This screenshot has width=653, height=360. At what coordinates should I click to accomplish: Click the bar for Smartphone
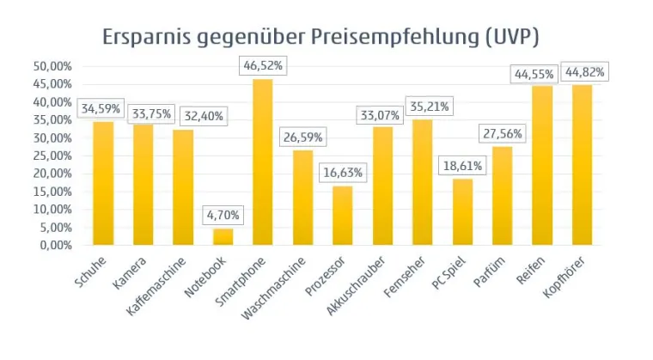point(263,162)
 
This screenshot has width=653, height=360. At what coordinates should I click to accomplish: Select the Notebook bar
point(223,236)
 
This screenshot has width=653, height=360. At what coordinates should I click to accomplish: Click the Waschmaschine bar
point(302,198)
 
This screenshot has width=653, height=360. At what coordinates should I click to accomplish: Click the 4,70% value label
point(223,214)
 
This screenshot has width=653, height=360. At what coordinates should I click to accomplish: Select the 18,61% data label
point(462,165)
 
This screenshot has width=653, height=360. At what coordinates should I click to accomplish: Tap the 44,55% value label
point(542,72)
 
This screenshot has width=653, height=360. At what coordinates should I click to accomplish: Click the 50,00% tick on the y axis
point(52,66)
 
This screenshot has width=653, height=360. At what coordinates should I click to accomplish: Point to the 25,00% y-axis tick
point(52,156)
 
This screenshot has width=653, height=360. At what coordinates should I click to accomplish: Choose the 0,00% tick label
point(54,245)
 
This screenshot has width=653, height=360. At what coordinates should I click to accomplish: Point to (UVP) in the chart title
point(517,38)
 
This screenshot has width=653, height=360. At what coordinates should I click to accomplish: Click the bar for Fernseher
point(422,182)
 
